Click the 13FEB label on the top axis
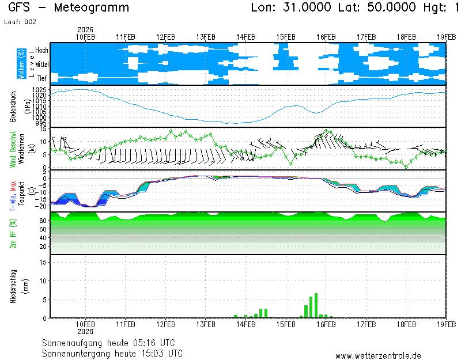coord(206,36)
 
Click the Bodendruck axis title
coord(12,106)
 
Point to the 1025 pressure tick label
coord(40,90)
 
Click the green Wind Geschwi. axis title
coord(12,149)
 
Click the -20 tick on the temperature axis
coord(41,206)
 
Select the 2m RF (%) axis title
coord(12,233)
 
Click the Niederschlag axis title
coord(12,286)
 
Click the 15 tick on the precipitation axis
coord(43,262)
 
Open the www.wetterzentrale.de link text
coord(377,356)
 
